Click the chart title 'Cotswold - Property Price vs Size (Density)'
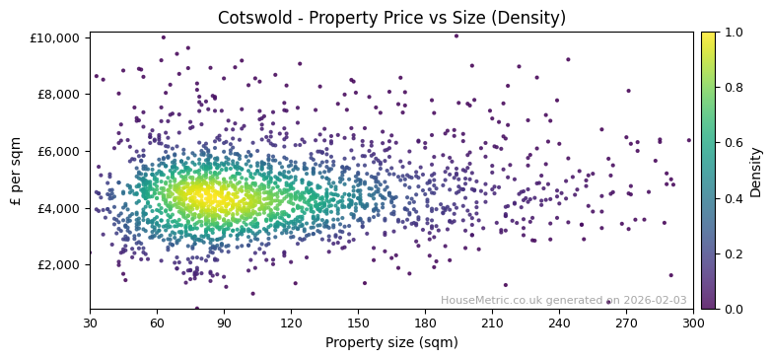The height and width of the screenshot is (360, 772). pyautogui.click(x=391, y=18)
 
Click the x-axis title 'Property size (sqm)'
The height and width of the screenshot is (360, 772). pyautogui.click(x=391, y=343)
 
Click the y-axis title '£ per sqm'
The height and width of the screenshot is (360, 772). pyautogui.click(x=17, y=171)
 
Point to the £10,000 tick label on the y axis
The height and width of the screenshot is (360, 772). pyautogui.click(x=58, y=37)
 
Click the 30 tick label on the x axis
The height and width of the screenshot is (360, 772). pyautogui.click(x=90, y=323)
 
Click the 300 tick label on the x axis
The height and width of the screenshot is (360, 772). pyautogui.click(x=693, y=323)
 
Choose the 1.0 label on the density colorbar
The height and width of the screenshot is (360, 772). pyautogui.click(x=734, y=33)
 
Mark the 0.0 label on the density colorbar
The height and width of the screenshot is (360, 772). pyautogui.click(x=734, y=309)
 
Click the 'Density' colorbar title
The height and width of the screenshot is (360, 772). pyautogui.click(x=756, y=171)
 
